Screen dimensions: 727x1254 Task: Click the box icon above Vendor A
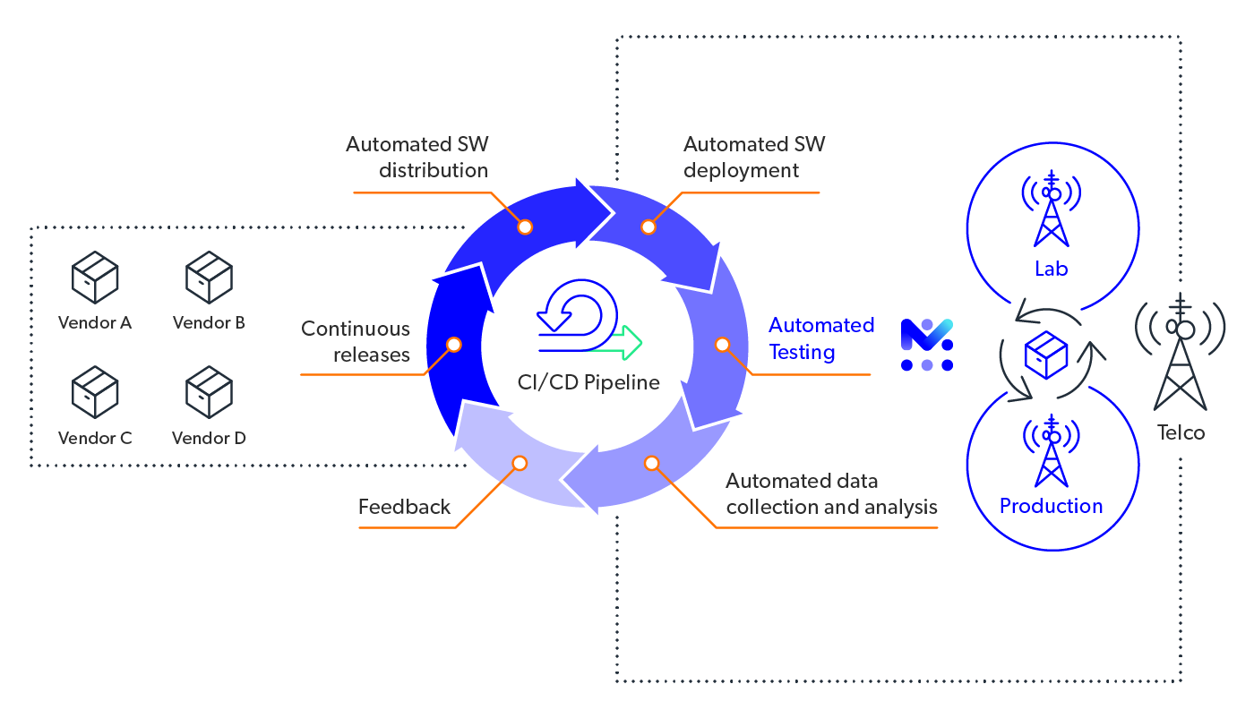[95, 277]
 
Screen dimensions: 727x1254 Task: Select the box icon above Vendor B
[209, 277]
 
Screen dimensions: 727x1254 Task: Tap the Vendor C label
[95, 438]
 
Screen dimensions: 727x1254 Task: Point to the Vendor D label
[209, 438]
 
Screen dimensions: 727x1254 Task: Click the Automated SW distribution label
[417, 157]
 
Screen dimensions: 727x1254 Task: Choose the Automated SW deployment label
[753, 157]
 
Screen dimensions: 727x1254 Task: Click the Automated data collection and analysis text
[831, 494]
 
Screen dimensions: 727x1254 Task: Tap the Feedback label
[404, 507]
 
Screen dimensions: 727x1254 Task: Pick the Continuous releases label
[356, 341]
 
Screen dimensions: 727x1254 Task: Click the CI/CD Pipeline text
[588, 383]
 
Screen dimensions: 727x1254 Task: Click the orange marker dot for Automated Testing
[722, 345]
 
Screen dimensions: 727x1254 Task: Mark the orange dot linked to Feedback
[520, 463]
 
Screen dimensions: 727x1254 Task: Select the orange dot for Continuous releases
[454, 345]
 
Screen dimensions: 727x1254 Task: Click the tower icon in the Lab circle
[1052, 210]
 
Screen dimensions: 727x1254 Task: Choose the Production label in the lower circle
[1052, 507]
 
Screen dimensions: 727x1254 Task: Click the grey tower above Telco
[1180, 354]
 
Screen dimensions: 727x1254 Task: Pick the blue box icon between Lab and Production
[1046, 355]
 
